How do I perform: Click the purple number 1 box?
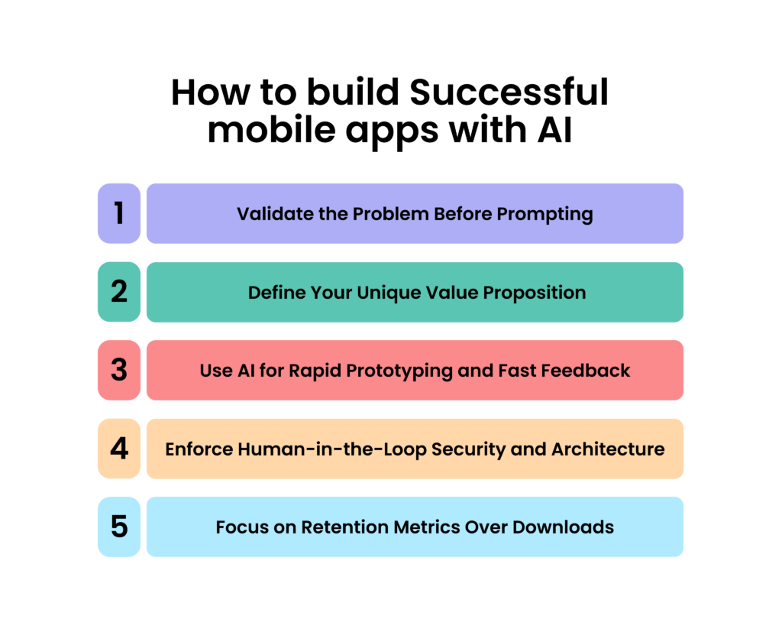click(119, 214)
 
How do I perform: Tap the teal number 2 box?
click(119, 292)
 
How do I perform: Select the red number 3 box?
click(119, 371)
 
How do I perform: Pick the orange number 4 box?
click(119, 449)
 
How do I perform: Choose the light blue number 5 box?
click(119, 527)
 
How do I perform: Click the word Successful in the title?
click(509, 92)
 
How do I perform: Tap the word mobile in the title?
click(272, 130)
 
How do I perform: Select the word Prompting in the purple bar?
click(544, 215)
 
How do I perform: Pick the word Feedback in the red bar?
click(586, 371)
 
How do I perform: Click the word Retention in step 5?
click(344, 527)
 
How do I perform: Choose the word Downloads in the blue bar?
click(563, 527)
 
